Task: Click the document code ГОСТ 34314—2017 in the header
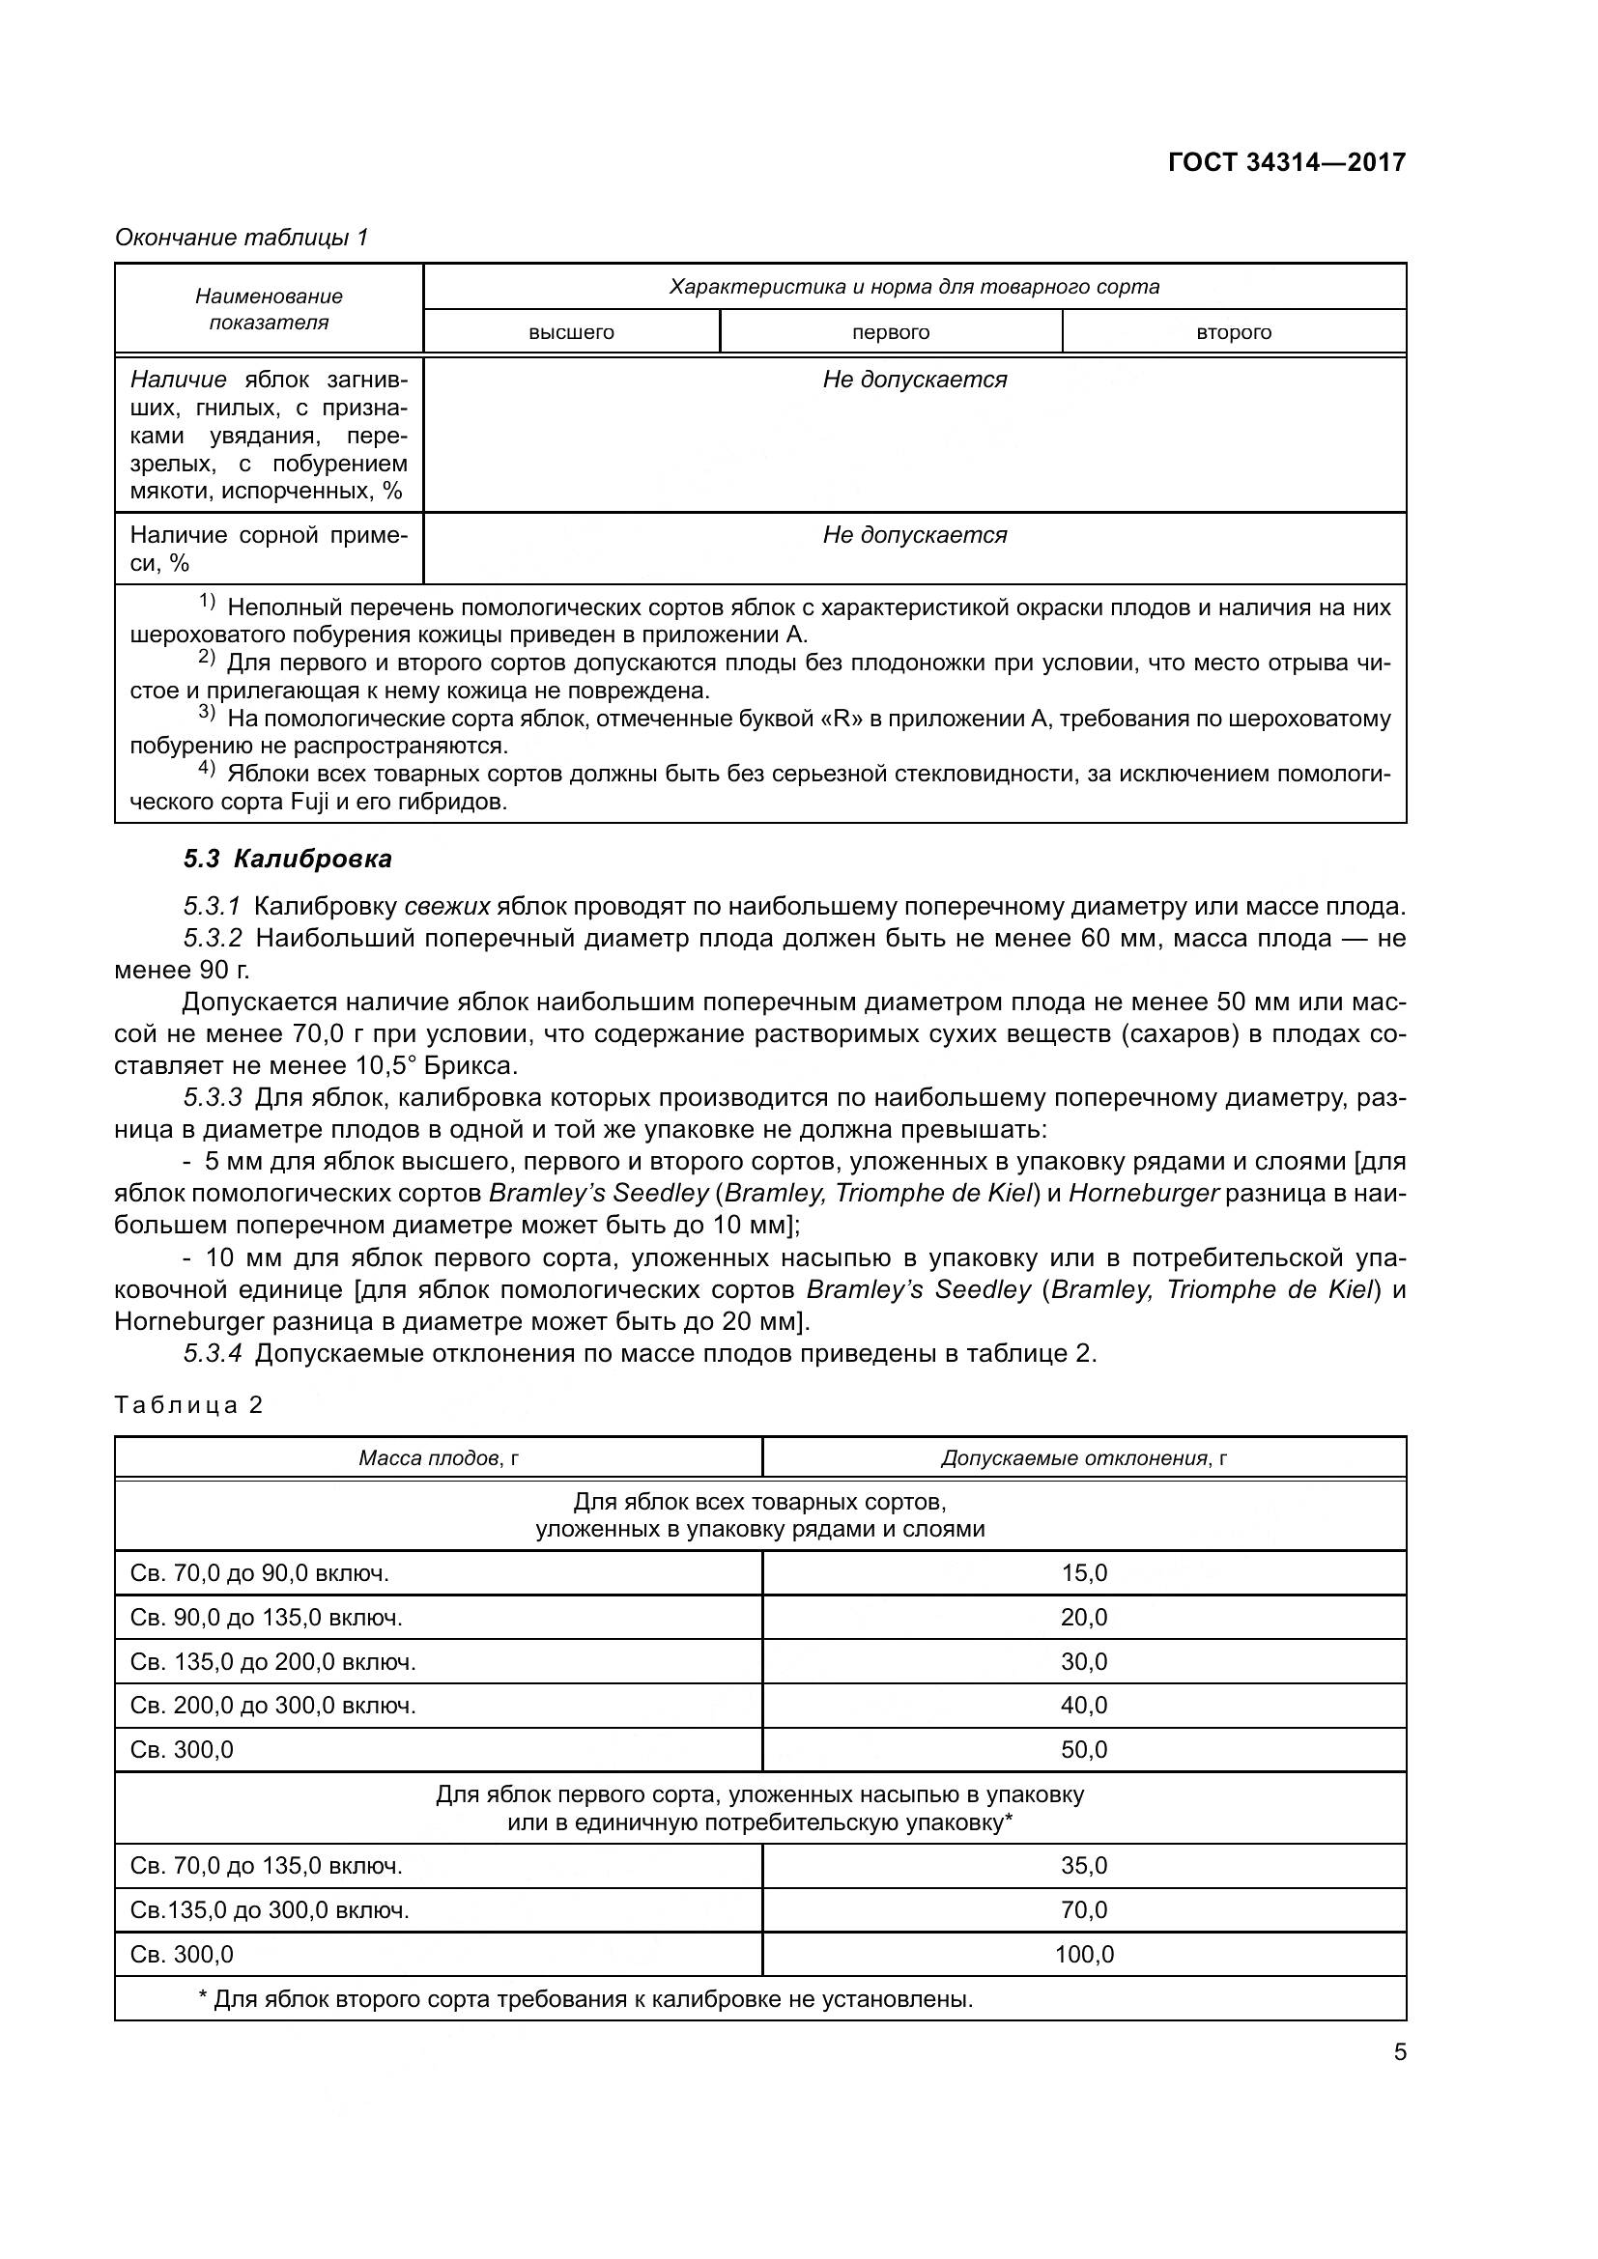(1286, 162)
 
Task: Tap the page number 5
(1399, 2052)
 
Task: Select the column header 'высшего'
(571, 332)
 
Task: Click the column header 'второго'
(1233, 332)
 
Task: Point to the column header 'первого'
(891, 332)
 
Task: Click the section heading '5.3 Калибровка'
(287, 859)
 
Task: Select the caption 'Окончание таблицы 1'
(242, 238)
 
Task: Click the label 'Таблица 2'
(189, 1404)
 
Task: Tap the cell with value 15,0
(1083, 1573)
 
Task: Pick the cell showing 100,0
(1083, 1955)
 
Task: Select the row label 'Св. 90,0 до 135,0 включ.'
(266, 1618)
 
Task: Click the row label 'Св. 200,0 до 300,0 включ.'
(272, 1705)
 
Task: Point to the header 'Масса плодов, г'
(438, 1458)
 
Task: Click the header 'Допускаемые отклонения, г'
(1083, 1458)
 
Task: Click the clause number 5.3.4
(213, 1354)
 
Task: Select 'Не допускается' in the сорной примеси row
(914, 535)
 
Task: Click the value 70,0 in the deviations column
(1083, 1910)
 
